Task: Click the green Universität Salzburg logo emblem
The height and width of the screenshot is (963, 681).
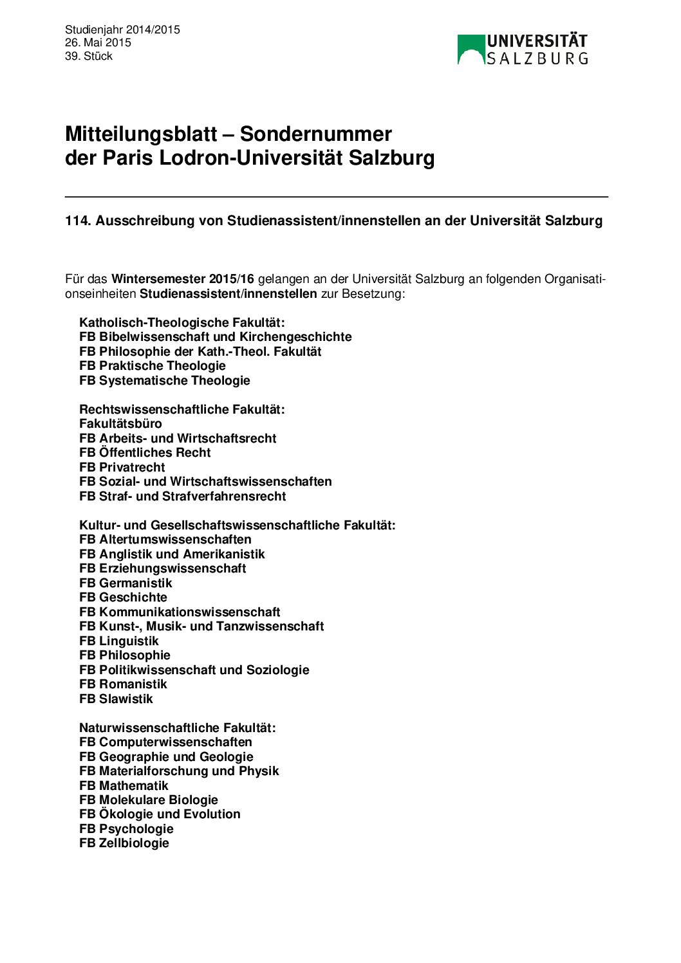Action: (471, 50)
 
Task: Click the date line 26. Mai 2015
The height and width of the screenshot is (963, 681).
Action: (98, 42)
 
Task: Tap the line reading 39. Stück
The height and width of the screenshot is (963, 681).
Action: (89, 56)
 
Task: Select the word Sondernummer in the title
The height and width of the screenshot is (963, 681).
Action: (315, 134)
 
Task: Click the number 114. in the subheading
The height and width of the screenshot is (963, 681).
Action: (78, 221)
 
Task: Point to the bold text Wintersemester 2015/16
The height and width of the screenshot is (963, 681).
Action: (183, 279)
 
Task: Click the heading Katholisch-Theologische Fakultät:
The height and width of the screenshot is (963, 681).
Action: (182, 322)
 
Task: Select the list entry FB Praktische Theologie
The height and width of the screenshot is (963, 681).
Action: (153, 366)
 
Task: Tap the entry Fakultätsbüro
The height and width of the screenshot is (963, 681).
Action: (120, 424)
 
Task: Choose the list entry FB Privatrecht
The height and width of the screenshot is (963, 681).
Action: (122, 467)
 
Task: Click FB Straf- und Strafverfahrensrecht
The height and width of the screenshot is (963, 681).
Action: (182, 496)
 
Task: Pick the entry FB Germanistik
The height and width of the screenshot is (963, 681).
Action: (126, 583)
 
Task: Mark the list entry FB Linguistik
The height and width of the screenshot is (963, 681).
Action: (118, 641)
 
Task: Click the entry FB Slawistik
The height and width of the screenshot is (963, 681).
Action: (116, 699)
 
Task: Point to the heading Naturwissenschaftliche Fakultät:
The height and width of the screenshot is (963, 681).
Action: (177, 728)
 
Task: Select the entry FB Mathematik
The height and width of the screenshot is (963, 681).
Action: (124, 785)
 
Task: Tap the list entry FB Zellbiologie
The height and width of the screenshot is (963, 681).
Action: (124, 843)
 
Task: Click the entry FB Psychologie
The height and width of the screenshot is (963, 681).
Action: (126, 829)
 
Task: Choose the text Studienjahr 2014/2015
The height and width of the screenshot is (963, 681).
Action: (122, 30)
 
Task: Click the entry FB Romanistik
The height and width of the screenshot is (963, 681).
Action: (123, 684)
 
